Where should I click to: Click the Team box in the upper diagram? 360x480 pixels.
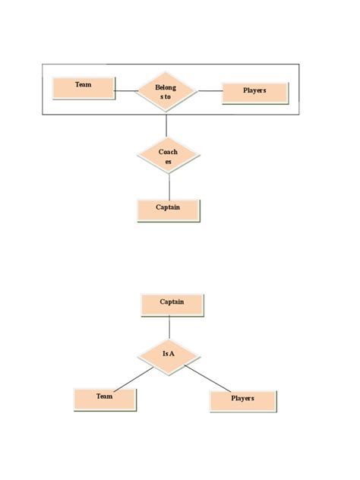pyautogui.click(x=84, y=88)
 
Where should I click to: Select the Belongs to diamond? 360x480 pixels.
pyautogui.click(x=166, y=92)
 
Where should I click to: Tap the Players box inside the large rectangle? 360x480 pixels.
pyautogui.click(x=254, y=92)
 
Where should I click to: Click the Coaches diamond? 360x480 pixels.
pyautogui.click(x=169, y=156)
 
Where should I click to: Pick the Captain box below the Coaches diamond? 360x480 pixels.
pyautogui.click(x=169, y=210)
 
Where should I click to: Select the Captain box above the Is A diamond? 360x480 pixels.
pyautogui.click(x=172, y=305)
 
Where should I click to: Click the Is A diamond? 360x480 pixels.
pyautogui.click(x=169, y=355)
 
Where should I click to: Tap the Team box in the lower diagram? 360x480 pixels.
pyautogui.click(x=105, y=399)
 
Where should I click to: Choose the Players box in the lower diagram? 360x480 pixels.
pyautogui.click(x=243, y=400)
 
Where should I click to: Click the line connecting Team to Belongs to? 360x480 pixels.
pyautogui.click(x=125, y=93)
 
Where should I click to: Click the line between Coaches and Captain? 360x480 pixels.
pyautogui.click(x=169, y=187)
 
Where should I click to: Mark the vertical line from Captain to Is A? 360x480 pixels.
pyautogui.click(x=169, y=327)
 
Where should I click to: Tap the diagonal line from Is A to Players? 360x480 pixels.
pyautogui.click(x=208, y=377)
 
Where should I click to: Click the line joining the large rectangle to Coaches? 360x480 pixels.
pyautogui.click(x=166, y=125)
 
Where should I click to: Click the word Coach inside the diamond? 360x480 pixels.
pyautogui.click(x=169, y=152)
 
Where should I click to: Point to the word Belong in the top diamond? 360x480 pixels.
pyautogui.click(x=166, y=87)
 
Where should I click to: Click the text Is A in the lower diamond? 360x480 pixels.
pyautogui.click(x=169, y=354)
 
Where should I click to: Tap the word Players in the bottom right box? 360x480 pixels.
pyautogui.click(x=242, y=398)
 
